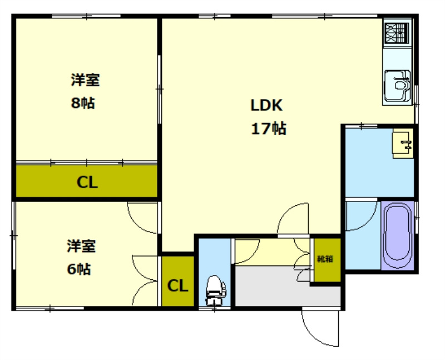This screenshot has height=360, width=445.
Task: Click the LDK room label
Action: [x=266, y=105]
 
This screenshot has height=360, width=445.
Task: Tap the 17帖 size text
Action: [x=269, y=129]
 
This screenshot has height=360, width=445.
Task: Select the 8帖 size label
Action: [x=82, y=103]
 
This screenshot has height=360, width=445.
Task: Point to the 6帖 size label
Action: [x=78, y=269]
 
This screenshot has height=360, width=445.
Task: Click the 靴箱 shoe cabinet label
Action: [x=325, y=259]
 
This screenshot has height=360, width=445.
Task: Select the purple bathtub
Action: [x=397, y=234]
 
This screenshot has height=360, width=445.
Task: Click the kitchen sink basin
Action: [x=397, y=85]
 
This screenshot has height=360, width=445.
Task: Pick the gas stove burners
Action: [x=397, y=33]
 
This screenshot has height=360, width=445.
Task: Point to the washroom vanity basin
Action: [x=403, y=144]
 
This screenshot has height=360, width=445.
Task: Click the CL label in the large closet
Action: [x=87, y=183]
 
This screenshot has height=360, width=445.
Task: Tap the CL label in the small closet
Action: [x=177, y=285]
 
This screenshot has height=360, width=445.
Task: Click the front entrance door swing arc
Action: [x=311, y=335]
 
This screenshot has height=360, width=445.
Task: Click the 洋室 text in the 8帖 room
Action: [x=85, y=80]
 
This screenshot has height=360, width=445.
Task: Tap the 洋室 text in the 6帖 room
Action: [x=81, y=246]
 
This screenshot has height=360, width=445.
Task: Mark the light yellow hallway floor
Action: [x=273, y=251]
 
